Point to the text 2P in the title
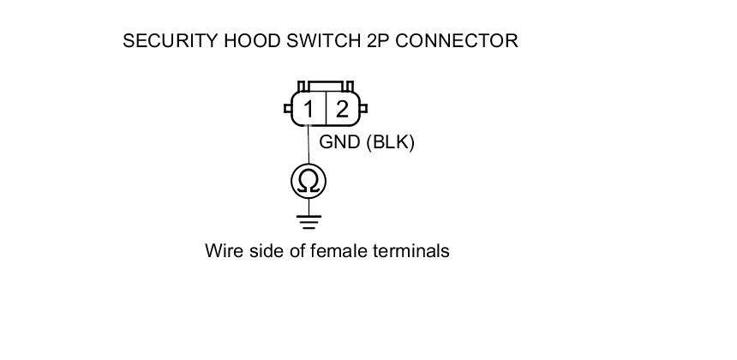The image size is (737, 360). [378, 40]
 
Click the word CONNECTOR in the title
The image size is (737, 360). [457, 40]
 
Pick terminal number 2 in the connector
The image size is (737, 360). [342, 109]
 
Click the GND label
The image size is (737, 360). [339, 142]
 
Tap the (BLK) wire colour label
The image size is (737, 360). [390, 142]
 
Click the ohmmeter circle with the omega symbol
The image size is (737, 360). [309, 181]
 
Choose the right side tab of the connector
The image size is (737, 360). [363, 109]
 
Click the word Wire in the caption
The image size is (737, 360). [223, 251]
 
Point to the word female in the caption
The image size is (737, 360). [338, 251]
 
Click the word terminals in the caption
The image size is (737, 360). [411, 251]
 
